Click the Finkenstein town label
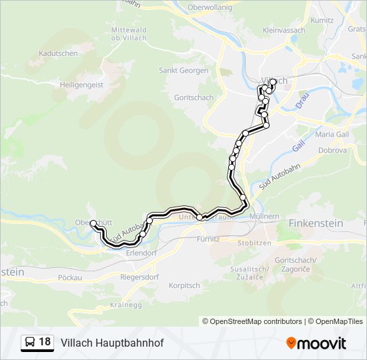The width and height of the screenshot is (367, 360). click(316, 224)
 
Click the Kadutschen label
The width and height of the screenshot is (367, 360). click(59, 53)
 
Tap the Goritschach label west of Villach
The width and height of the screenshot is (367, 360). click(194, 97)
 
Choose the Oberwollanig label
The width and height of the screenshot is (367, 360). click(210, 7)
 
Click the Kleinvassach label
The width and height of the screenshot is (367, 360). click(284, 31)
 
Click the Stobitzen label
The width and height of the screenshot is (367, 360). click(254, 243)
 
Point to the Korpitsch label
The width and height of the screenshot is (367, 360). click(184, 285)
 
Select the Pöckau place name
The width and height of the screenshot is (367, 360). click(69, 277)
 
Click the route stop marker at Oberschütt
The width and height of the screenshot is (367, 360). click(93, 223)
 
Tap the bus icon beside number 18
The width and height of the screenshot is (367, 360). click(30, 342)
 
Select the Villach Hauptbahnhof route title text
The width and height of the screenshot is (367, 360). click(112, 342)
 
